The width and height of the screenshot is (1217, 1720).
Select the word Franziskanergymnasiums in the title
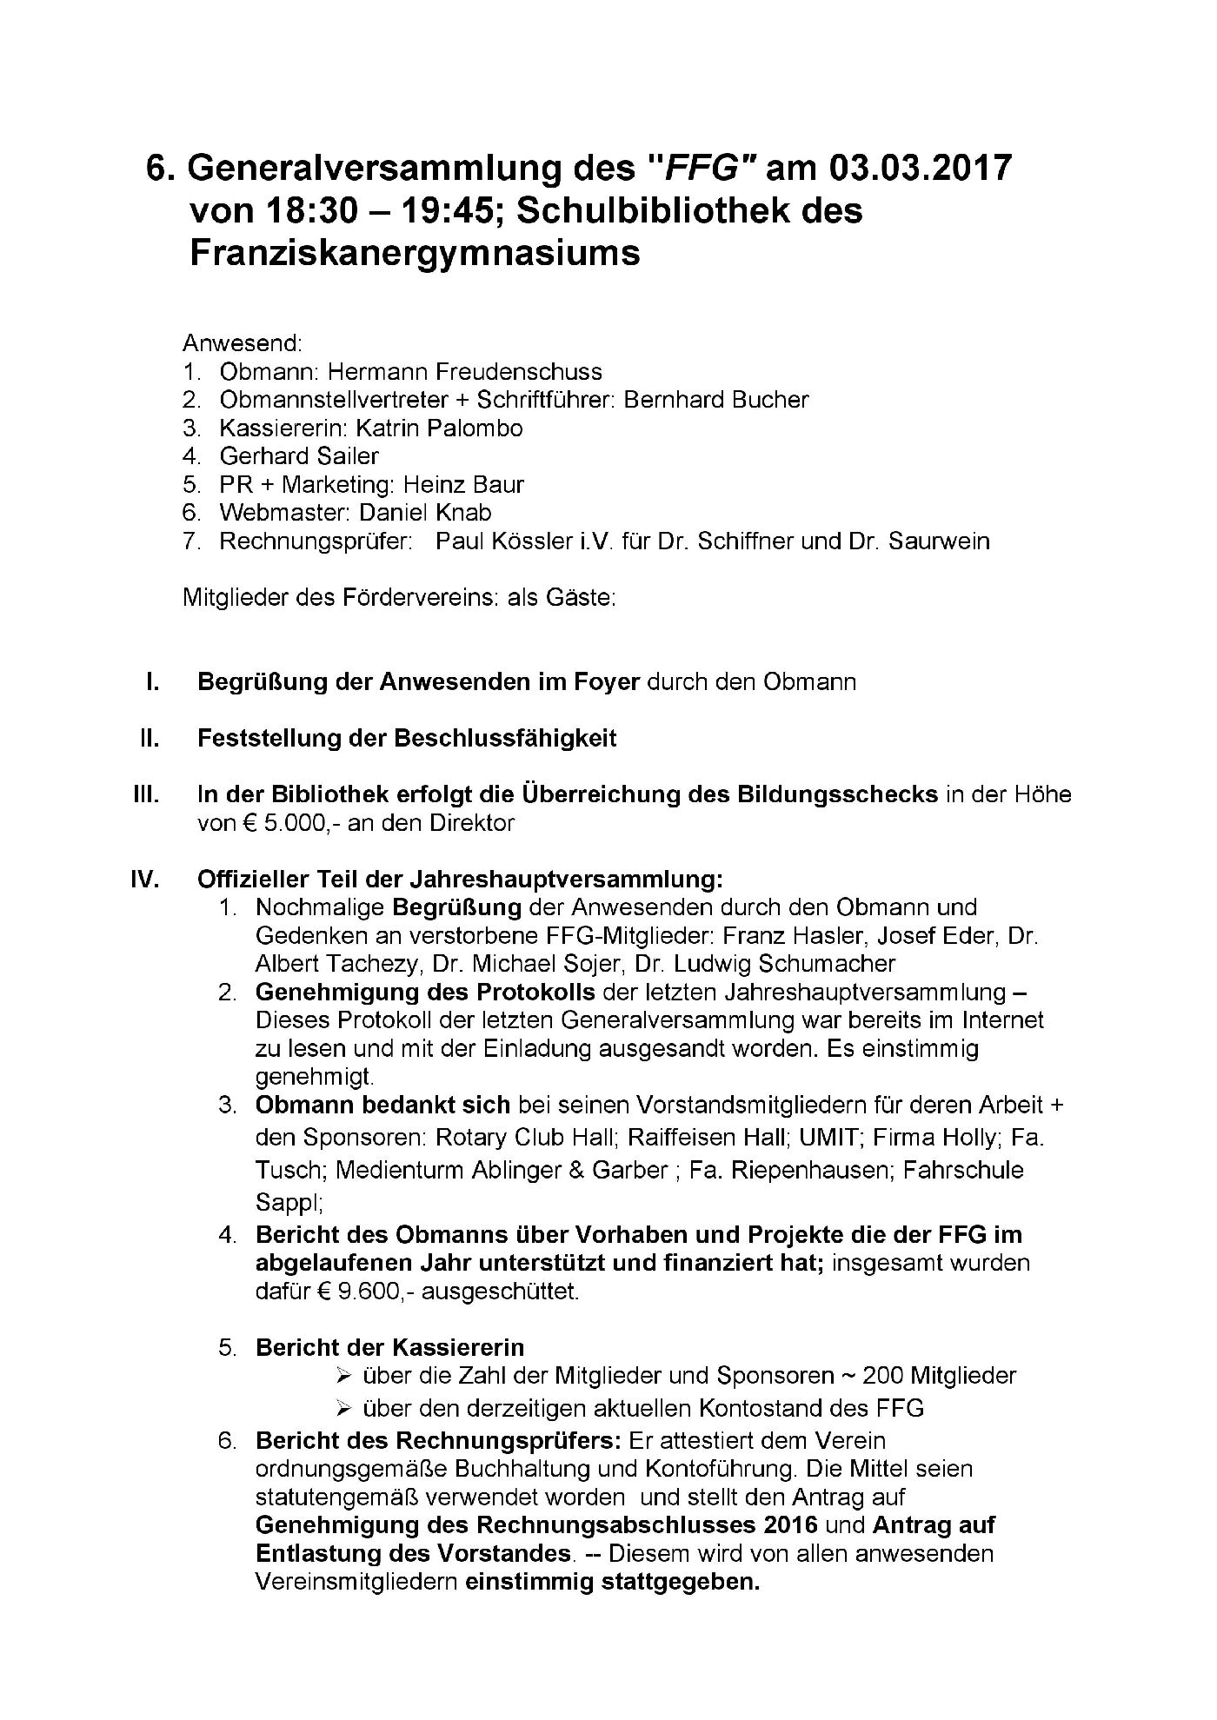point(415,253)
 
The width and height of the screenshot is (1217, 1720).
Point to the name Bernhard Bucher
point(716,400)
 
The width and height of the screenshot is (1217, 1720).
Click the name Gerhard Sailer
point(299,455)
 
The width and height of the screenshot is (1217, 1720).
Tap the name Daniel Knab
point(425,512)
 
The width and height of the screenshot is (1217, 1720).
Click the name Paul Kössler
point(502,541)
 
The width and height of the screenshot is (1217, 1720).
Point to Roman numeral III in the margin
point(144,794)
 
